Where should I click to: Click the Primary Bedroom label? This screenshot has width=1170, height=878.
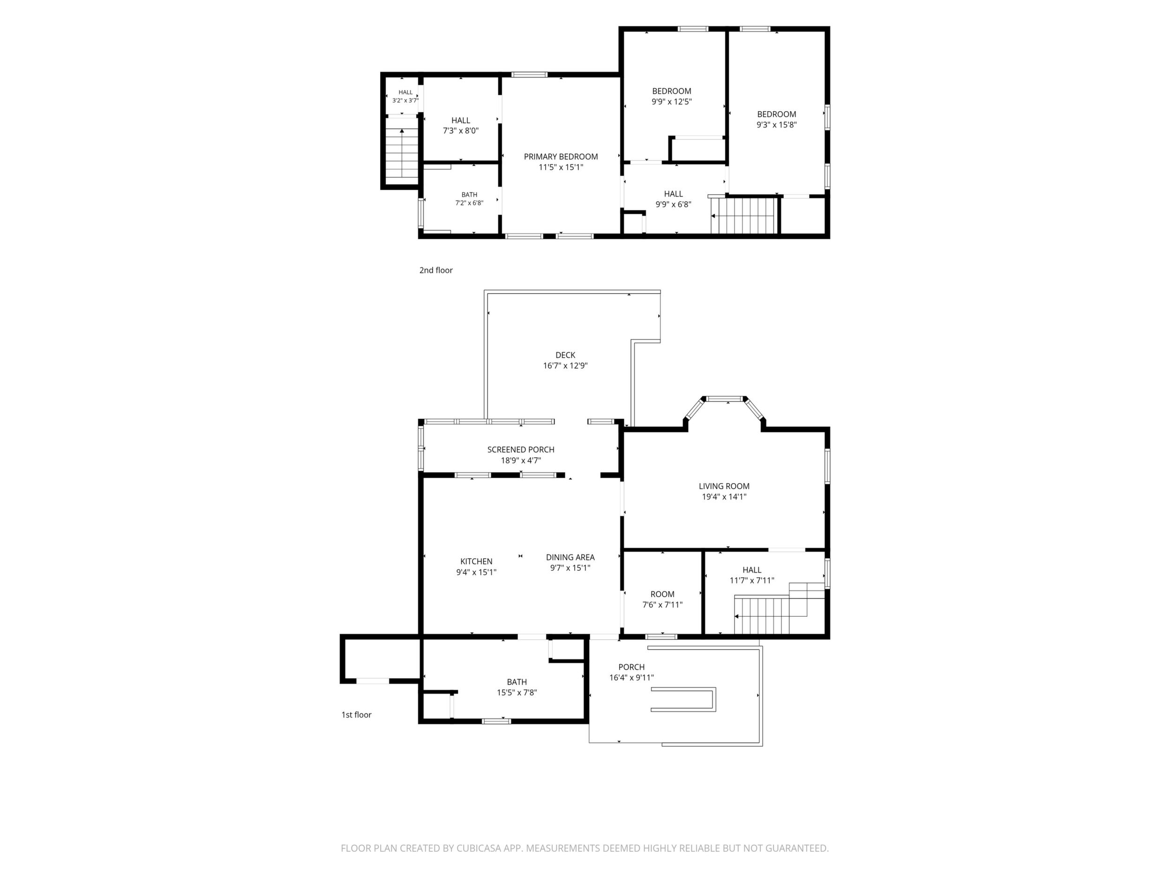[x=561, y=157]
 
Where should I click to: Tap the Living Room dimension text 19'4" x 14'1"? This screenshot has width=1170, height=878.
[x=724, y=496]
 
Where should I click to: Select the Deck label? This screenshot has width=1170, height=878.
[x=565, y=355]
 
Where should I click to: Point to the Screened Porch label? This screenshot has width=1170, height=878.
[x=521, y=449]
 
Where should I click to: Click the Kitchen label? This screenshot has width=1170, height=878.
[x=476, y=561]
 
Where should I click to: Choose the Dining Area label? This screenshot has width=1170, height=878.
[x=570, y=557]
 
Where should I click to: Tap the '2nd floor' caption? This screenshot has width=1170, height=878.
[x=436, y=270]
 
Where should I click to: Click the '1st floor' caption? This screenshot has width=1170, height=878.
[x=357, y=714]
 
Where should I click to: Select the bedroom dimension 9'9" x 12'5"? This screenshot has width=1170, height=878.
[x=672, y=102]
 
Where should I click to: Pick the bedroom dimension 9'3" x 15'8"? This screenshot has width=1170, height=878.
[x=776, y=125]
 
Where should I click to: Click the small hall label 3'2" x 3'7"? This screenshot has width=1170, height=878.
[x=405, y=100]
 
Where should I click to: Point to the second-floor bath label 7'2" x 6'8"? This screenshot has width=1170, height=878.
[x=469, y=203]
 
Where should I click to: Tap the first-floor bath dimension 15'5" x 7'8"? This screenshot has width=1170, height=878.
[x=517, y=692]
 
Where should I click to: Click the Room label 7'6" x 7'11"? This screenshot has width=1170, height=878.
[x=662, y=605]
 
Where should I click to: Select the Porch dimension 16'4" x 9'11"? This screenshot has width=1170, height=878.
[x=631, y=677]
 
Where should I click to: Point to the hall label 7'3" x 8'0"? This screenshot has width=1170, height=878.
[x=461, y=125]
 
